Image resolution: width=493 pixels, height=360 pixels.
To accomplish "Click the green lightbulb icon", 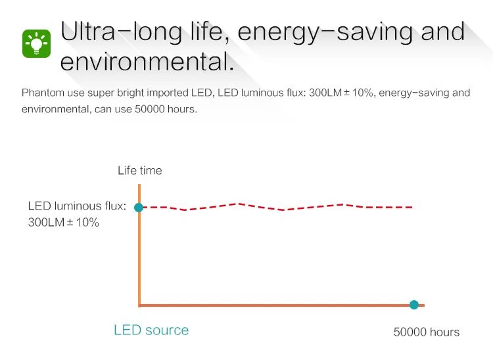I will click(x=37, y=43).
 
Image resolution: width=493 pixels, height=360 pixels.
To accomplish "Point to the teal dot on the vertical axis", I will click(x=139, y=208).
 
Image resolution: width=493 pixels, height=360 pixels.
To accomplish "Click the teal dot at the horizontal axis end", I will click(x=414, y=305).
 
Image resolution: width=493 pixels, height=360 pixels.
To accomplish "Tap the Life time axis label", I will click(x=139, y=171).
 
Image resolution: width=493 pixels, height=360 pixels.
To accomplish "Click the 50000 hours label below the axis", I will click(x=426, y=332).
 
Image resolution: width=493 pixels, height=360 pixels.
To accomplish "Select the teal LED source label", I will click(x=151, y=330).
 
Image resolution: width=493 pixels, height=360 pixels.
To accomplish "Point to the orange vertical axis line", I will click(x=139, y=263).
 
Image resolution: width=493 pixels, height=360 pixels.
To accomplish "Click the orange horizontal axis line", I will click(x=276, y=305).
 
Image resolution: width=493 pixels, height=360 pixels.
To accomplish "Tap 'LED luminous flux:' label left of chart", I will click(x=77, y=206).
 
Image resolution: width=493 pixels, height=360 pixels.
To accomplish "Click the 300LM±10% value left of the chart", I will click(x=63, y=223).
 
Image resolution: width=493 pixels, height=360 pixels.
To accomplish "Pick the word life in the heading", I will click(x=202, y=32).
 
